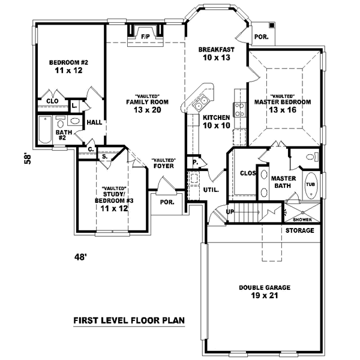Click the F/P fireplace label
tap(145, 37)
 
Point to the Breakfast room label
tap(215, 50)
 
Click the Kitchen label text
tap(215, 117)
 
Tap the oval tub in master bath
tap(310, 184)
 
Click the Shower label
tap(302, 220)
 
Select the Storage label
tap(299, 230)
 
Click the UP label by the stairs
tap(230, 211)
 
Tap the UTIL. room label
tap(212, 190)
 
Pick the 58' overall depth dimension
tap(26, 158)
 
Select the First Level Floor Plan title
tap(129, 320)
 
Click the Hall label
tap(94, 122)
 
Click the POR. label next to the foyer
tap(167, 202)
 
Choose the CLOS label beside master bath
tap(247, 173)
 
